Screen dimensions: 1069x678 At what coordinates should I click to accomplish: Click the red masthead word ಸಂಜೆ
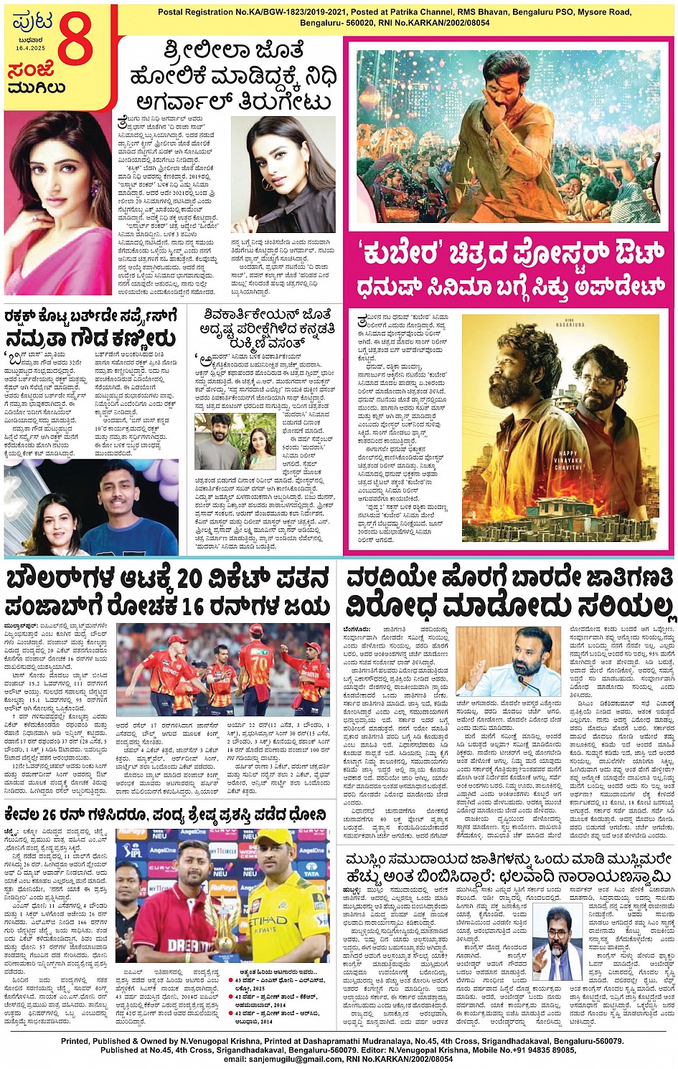pyautogui.click(x=32, y=72)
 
